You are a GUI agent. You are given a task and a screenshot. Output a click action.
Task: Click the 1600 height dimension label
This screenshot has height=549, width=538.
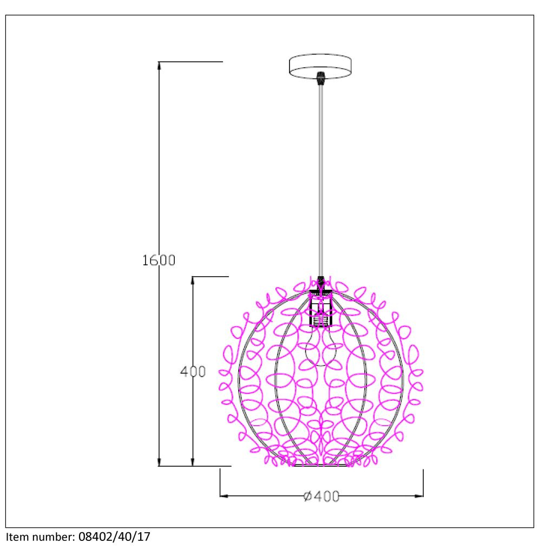[x=159, y=260]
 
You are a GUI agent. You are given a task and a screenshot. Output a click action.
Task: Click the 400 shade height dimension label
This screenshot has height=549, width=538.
[x=193, y=371]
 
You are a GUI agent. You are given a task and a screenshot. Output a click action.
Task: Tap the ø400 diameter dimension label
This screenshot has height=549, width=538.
[x=322, y=496]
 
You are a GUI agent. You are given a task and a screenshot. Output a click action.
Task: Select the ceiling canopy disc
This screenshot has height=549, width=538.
[x=320, y=66]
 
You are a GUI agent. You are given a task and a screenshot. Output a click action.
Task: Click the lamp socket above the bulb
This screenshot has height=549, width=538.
[x=320, y=310]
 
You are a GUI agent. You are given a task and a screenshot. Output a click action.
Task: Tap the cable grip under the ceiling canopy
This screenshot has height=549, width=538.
[x=320, y=79]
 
